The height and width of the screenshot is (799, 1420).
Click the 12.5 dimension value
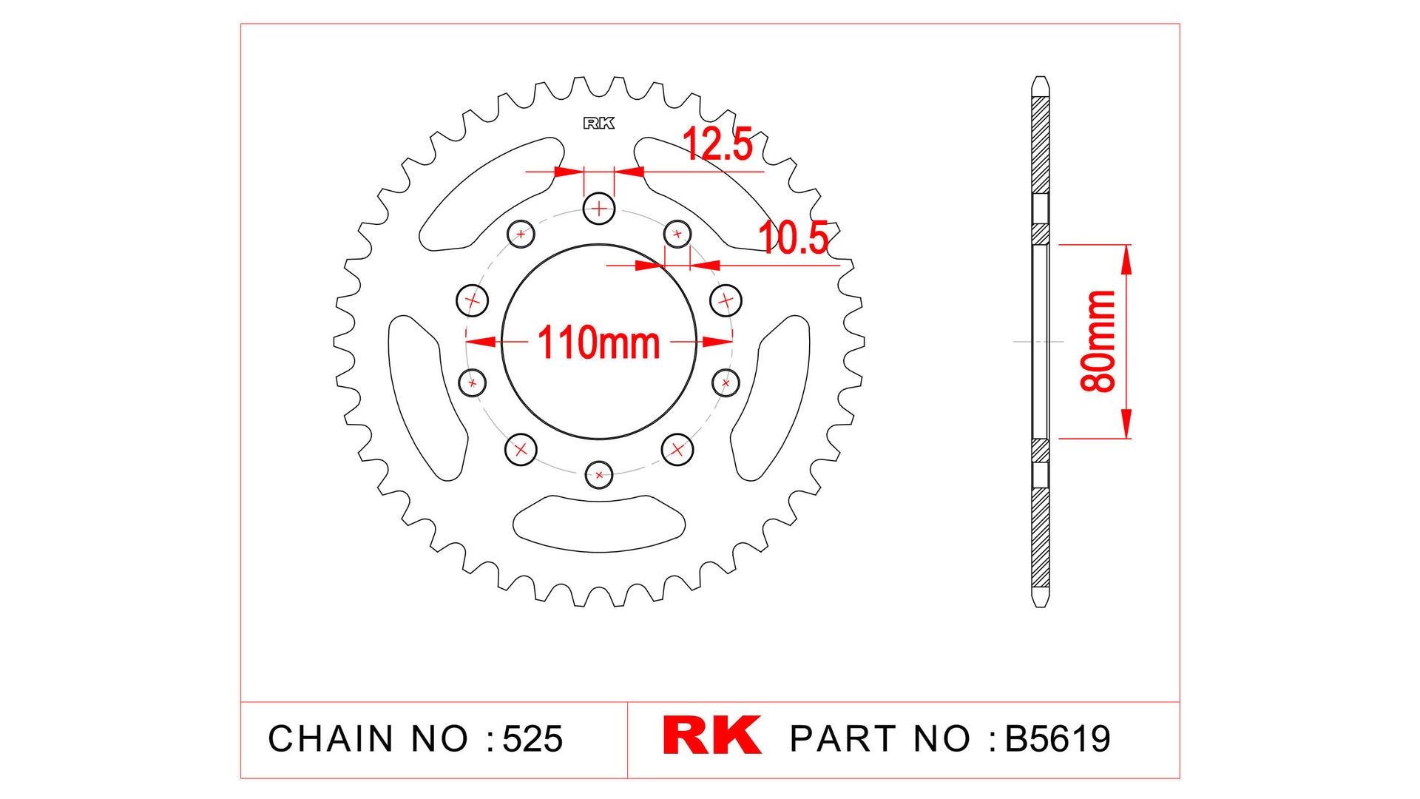(x=717, y=144)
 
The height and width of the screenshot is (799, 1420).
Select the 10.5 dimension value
(x=794, y=238)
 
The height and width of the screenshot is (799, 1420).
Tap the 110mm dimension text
(x=599, y=343)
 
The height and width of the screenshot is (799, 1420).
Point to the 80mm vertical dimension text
(x=1098, y=341)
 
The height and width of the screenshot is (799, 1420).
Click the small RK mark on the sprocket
(x=598, y=124)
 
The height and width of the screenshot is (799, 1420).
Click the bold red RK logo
(x=711, y=735)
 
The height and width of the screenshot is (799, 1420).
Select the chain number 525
(x=532, y=738)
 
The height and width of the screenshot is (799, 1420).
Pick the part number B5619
(x=1058, y=738)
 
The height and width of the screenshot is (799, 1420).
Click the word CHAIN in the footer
(x=331, y=738)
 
